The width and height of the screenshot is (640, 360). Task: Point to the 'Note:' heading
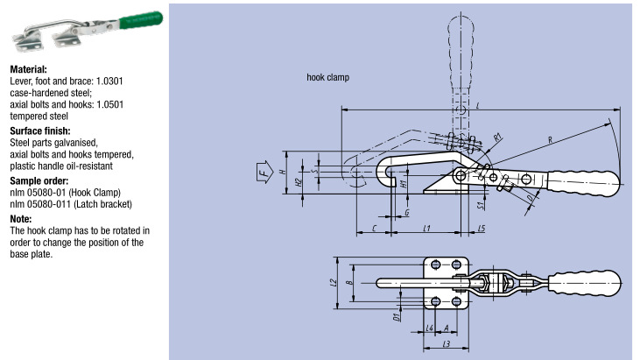click(21, 219)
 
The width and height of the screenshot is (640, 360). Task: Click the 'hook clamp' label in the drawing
click(327, 78)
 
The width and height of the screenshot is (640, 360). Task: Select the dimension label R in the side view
click(550, 139)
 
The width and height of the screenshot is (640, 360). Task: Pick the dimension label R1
click(496, 137)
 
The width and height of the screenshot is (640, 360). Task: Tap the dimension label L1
click(425, 228)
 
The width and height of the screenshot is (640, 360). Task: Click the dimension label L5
click(482, 228)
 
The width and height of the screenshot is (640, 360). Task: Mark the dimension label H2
click(299, 182)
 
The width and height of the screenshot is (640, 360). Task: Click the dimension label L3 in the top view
click(446, 345)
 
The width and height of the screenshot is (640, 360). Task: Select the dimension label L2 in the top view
click(334, 283)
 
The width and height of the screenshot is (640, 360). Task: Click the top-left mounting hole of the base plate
click(435, 265)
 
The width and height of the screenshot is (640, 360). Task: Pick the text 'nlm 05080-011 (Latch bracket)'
click(71, 204)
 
